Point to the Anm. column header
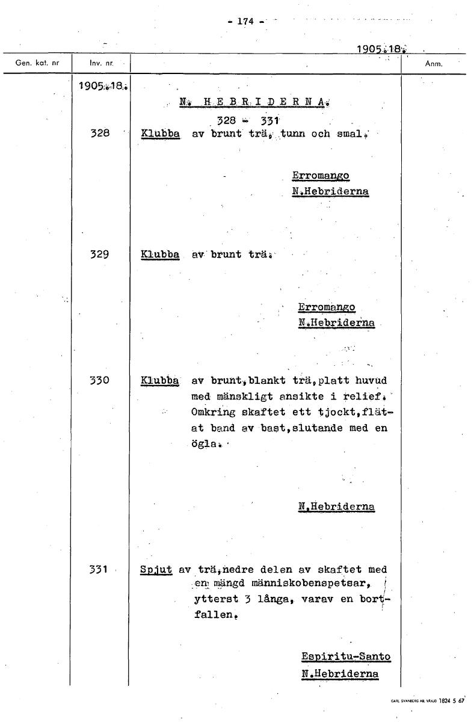coord(433,63)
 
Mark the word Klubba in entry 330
coord(159,380)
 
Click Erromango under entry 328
coord(321,176)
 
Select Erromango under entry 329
coord(327,307)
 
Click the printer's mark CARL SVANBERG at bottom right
coord(413,701)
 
